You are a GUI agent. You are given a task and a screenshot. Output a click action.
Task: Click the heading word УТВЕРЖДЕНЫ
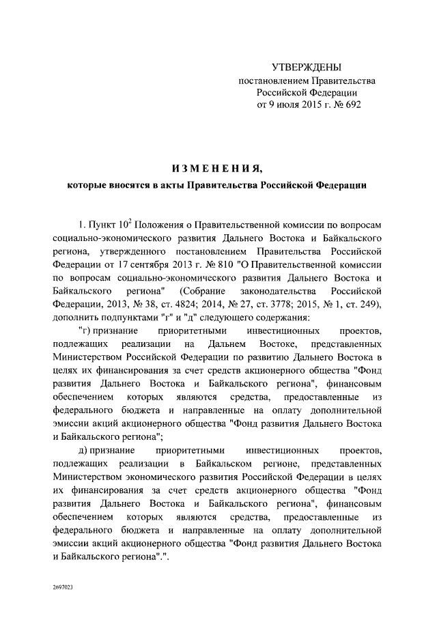[x=306, y=67]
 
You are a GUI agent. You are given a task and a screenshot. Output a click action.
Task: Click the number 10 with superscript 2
[x=125, y=225]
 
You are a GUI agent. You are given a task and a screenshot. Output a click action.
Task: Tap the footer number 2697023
[x=64, y=587]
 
